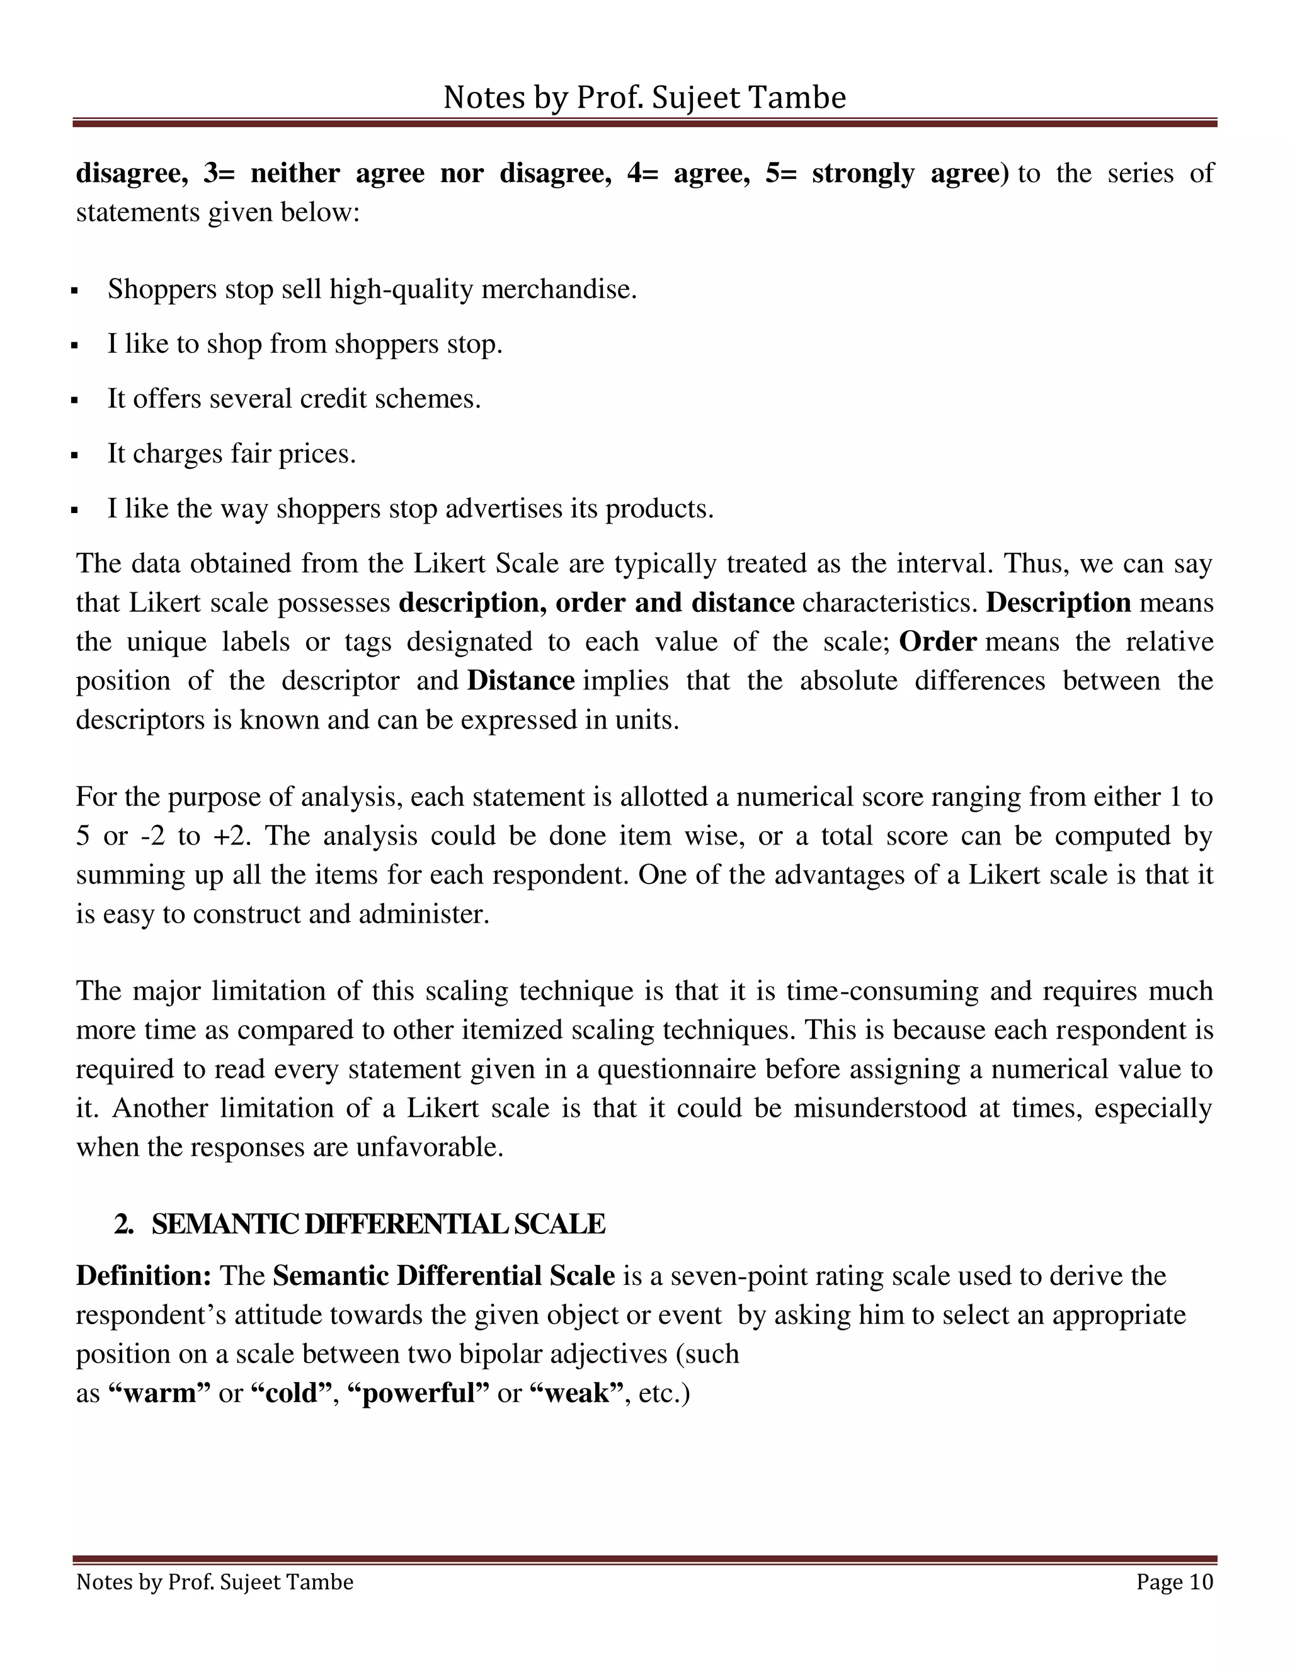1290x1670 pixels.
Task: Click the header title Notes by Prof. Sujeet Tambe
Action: (644, 98)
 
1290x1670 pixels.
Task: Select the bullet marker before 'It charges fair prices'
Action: (74, 456)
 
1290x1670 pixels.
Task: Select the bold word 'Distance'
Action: (520, 681)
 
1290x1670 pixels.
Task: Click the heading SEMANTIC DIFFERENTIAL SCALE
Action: (377, 1224)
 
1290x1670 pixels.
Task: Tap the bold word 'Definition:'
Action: (144, 1276)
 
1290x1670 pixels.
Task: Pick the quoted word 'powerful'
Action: (418, 1393)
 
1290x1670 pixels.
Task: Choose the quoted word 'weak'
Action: (577, 1393)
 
